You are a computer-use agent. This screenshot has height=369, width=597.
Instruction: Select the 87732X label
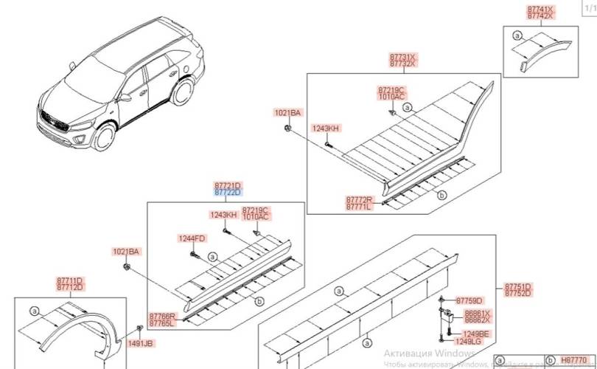pyautogui.click(x=402, y=64)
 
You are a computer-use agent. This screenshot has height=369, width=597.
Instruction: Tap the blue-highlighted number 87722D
pyautogui.click(x=228, y=193)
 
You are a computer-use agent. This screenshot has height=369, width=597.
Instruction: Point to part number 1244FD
pyautogui.click(x=191, y=238)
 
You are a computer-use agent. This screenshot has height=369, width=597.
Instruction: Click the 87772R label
pyautogui.click(x=360, y=200)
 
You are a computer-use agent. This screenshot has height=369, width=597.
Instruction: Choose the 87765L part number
pyautogui.click(x=163, y=323)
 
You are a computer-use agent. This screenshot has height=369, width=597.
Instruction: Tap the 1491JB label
pyautogui.click(x=140, y=343)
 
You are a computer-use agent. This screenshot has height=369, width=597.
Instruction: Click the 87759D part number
pyautogui.click(x=469, y=300)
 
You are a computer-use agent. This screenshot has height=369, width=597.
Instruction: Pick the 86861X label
pyautogui.click(x=478, y=313)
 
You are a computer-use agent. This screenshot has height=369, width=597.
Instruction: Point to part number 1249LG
pyautogui.click(x=467, y=342)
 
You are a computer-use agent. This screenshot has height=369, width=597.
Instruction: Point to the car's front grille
pyautogui.click(x=55, y=120)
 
